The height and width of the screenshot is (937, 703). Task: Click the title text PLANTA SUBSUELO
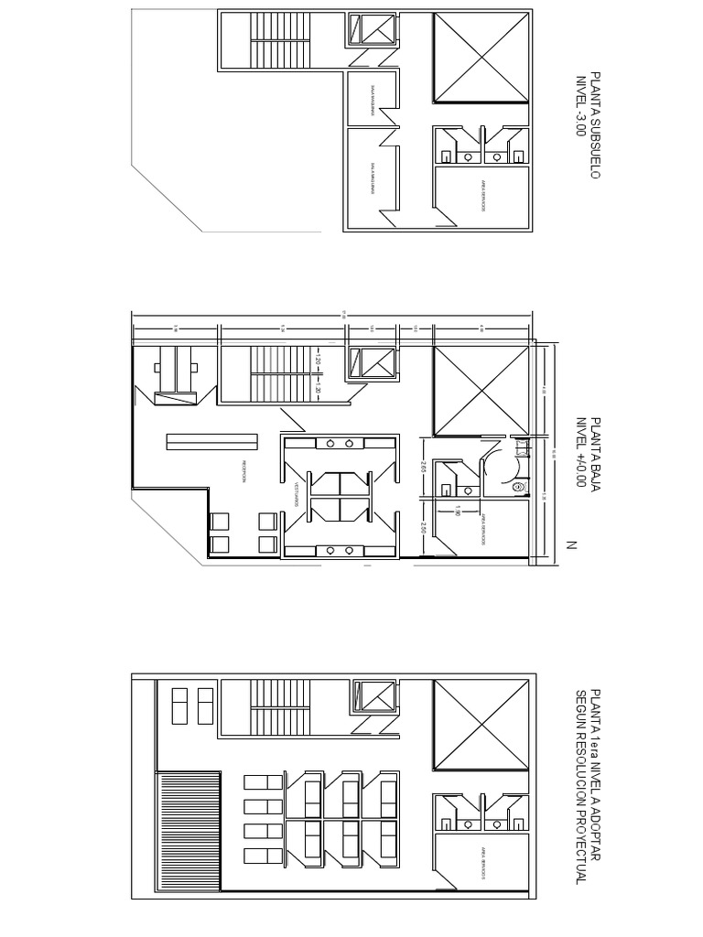[596, 125]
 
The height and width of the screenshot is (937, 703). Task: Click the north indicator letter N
[570, 545]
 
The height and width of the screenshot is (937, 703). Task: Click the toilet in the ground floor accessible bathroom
[517, 487]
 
